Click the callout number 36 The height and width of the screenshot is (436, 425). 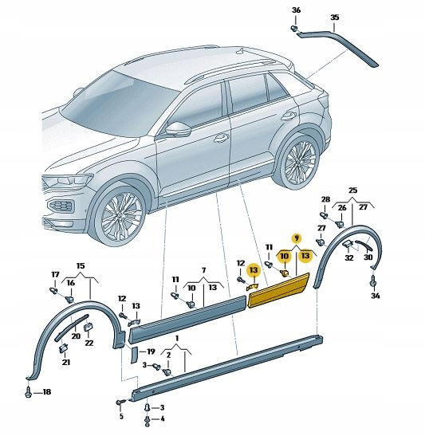296,10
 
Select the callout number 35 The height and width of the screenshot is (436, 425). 335,18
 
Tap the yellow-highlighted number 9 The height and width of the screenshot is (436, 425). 297,238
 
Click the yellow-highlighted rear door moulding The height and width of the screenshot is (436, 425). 278,291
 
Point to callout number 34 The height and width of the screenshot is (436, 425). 376,296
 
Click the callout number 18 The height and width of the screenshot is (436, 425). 46,392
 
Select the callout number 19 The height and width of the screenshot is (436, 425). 151,352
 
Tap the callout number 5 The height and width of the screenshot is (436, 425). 121,416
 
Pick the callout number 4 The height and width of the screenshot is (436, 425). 163,418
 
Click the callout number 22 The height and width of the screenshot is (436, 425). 89,343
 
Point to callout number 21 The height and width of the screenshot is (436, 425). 66,363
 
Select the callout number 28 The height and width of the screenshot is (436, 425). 325,199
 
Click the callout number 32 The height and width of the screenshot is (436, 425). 349,257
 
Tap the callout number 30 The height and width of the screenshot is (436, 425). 368,257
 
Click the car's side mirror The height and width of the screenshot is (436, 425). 179,129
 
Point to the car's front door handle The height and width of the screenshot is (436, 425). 221,137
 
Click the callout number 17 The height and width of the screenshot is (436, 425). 55,275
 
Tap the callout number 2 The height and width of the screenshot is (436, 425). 168,355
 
